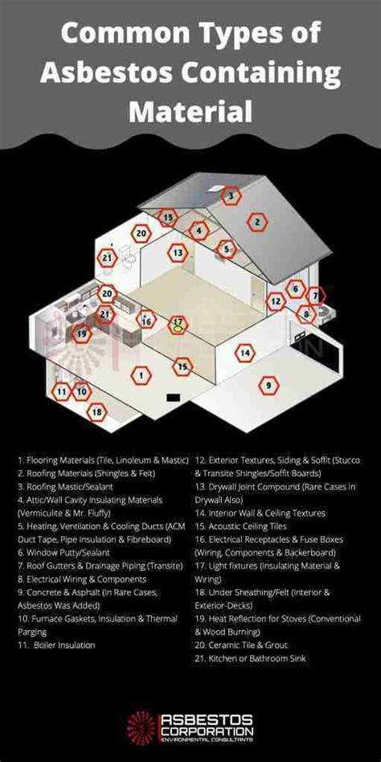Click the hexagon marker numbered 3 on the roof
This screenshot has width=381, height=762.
(231, 195)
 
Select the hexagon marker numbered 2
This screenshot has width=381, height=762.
(257, 222)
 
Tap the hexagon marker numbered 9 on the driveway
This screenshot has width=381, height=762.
(268, 386)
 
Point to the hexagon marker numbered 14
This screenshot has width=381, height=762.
(245, 352)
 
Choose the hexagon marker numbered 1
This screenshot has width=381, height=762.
(141, 375)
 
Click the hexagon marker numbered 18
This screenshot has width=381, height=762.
(97, 412)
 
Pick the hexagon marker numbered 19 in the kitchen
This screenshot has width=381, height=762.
(80, 332)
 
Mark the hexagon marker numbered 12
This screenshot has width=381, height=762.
(276, 301)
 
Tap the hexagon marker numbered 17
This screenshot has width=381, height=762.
(178, 326)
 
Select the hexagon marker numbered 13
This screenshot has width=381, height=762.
(177, 253)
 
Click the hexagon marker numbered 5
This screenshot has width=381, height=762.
(227, 249)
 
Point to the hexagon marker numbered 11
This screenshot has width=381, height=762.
(61, 391)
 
